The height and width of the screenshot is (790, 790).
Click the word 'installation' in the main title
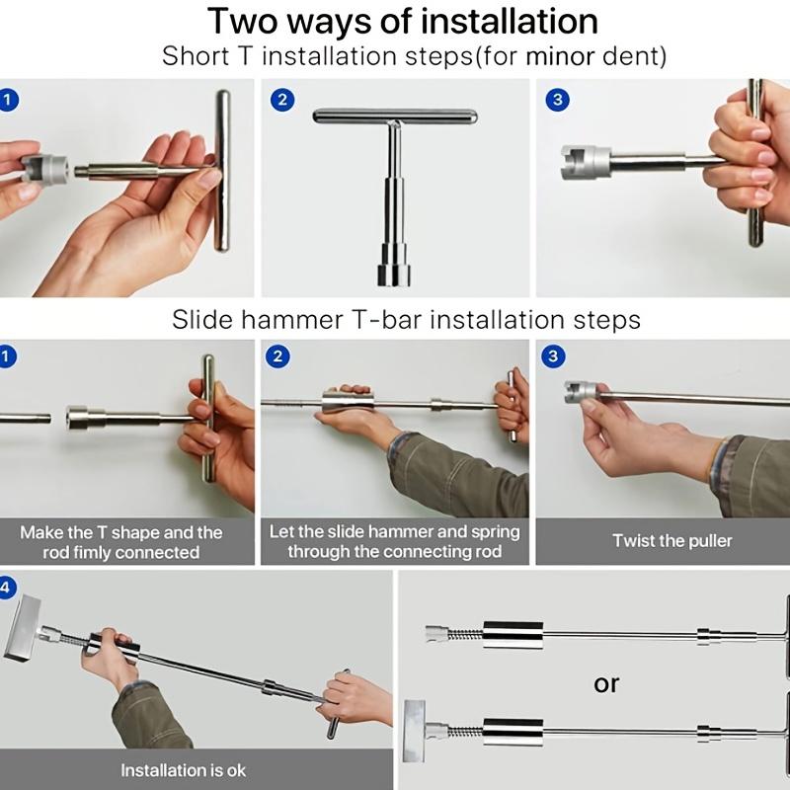(510, 21)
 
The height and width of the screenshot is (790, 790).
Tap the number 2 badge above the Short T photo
(282, 100)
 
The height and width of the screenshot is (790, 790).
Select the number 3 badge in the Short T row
(557, 100)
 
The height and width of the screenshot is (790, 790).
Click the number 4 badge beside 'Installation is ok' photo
(6, 588)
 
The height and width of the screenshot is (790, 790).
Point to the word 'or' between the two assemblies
(606, 684)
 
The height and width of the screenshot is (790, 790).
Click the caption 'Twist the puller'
(672, 540)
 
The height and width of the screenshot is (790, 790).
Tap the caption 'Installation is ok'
(183, 770)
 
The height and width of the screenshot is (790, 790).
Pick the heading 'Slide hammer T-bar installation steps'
(406, 319)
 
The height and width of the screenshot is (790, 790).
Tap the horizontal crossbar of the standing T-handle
(394, 117)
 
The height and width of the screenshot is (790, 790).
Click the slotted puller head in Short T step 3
(586, 161)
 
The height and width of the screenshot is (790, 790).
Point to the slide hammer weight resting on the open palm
(348, 402)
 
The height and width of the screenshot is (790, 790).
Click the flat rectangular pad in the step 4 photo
(22, 627)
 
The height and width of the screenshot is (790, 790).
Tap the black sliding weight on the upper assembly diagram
(513, 635)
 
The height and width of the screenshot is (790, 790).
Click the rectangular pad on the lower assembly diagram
(414, 731)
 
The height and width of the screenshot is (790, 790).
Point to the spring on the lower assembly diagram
(465, 731)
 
